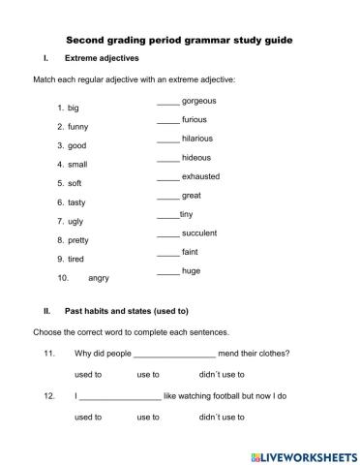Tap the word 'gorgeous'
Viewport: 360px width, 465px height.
pyautogui.click(x=199, y=101)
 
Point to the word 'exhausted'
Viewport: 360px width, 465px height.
pyautogui.click(x=200, y=176)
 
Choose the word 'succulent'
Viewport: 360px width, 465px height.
pyautogui.click(x=200, y=233)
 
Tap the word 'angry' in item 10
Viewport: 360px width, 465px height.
pyautogui.click(x=99, y=278)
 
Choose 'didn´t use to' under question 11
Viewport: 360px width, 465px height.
pyautogui.click(x=222, y=374)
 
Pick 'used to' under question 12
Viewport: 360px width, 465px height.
pyautogui.click(x=88, y=418)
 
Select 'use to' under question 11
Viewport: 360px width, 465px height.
pyautogui.click(x=148, y=374)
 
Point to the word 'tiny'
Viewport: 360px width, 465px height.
pyautogui.click(x=187, y=214)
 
